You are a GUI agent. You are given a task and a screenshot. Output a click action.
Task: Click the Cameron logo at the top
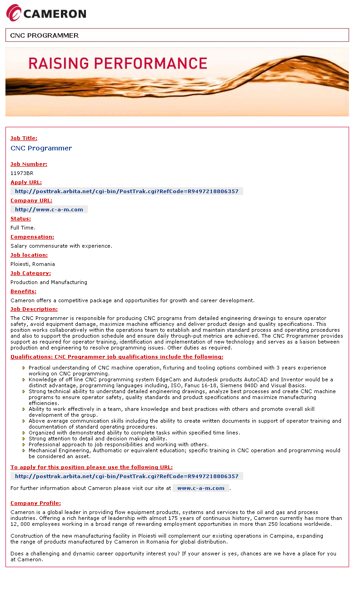(x=46, y=13)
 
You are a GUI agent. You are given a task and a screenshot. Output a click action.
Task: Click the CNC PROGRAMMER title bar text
(x=45, y=35)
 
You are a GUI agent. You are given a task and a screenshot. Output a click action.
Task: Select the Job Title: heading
(x=24, y=138)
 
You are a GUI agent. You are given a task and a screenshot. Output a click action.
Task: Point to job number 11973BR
(x=22, y=173)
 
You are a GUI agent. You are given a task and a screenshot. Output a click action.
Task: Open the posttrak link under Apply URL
(x=126, y=191)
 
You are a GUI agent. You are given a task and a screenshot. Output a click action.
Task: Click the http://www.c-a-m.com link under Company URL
(x=49, y=210)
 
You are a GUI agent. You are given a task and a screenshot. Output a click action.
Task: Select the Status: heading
(x=21, y=219)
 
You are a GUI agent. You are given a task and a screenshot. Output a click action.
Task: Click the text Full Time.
(x=23, y=228)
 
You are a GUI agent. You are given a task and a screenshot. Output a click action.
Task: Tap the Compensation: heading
(x=32, y=237)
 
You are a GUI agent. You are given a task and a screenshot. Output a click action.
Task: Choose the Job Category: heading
(x=30, y=273)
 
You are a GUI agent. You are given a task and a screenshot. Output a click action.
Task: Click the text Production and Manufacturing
(x=49, y=282)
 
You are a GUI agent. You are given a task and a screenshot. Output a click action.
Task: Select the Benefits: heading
(x=23, y=291)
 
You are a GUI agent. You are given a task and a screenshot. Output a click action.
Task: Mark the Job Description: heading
(x=34, y=309)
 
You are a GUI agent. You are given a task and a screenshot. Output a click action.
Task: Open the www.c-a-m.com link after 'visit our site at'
(x=201, y=488)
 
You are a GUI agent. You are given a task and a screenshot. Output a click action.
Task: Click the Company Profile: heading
(x=35, y=503)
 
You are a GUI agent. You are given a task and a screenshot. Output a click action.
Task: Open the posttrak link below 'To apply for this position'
(x=126, y=476)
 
